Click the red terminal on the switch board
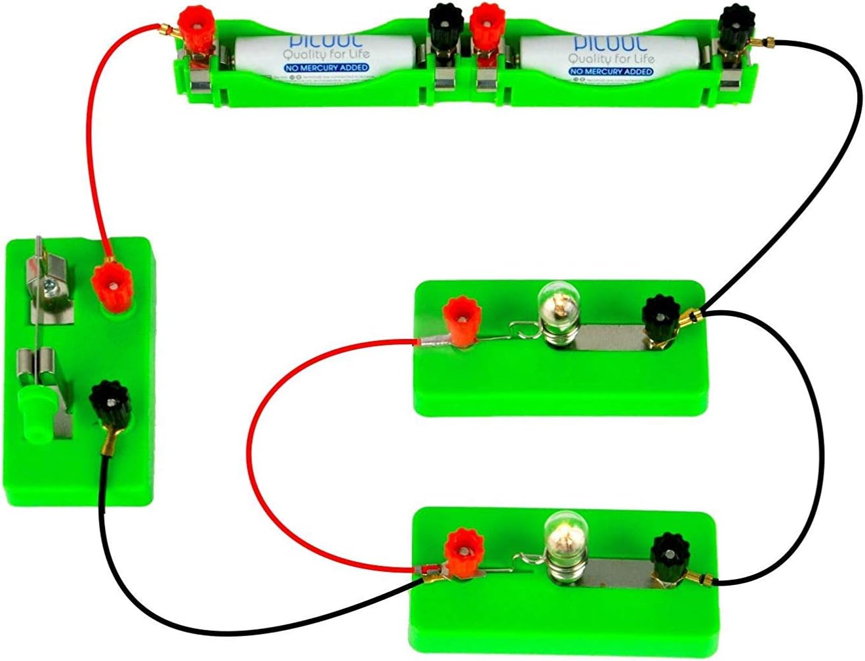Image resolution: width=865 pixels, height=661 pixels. pyautogui.click(x=113, y=287)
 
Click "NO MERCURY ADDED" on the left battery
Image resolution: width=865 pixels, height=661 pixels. pyautogui.click(x=327, y=68)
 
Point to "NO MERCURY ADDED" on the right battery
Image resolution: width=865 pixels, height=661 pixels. pyautogui.click(x=611, y=71)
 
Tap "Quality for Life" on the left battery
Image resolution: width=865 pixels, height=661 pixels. pyautogui.click(x=327, y=54)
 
